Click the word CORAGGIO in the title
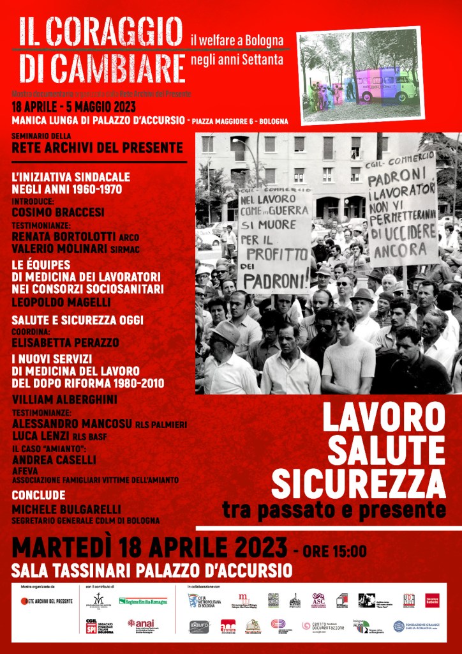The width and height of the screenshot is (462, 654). (x=114, y=31)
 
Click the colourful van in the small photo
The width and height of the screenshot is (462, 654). (x=385, y=85)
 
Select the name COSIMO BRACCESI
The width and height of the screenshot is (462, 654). (x=58, y=212)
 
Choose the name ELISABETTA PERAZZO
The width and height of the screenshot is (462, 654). (x=65, y=343)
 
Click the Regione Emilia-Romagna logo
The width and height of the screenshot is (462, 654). (x=143, y=601)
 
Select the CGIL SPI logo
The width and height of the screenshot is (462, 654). (x=100, y=625)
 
